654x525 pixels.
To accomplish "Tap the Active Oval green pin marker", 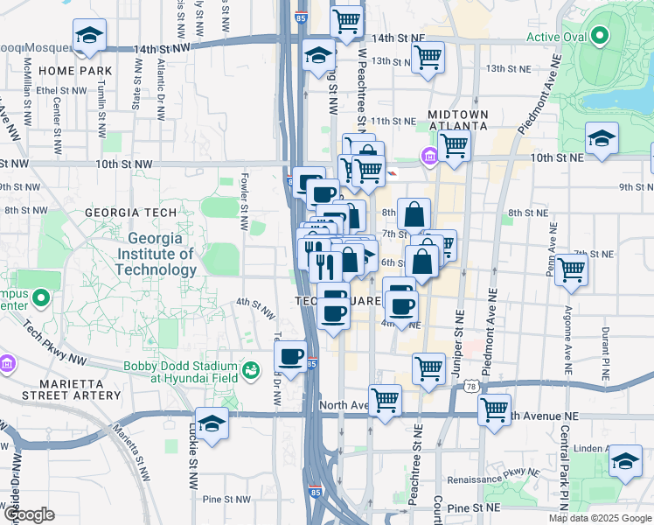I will point(599,37).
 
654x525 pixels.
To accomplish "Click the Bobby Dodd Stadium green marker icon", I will point(252,370).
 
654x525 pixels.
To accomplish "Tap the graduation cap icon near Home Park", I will point(89,37).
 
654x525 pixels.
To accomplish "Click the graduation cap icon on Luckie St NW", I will point(212,425).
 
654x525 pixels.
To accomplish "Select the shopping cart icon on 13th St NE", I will point(428,58).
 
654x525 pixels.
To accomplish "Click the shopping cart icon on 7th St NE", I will point(572,270).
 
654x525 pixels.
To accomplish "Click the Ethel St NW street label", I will point(61,90).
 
